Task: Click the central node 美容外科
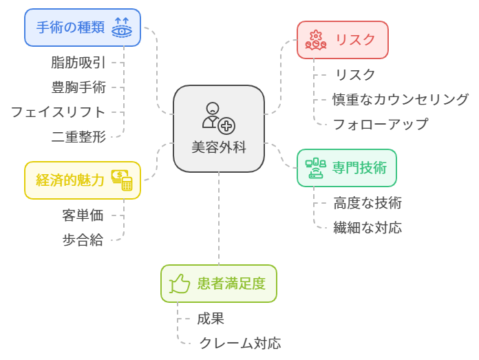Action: tap(219, 129)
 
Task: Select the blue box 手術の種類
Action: tap(83, 28)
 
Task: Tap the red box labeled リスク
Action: tap(343, 40)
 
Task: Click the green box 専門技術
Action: tap(347, 167)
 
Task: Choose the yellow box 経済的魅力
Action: tap(83, 180)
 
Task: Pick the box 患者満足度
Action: tap(219, 284)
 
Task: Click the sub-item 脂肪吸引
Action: tap(78, 63)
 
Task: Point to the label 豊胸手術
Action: tap(78, 87)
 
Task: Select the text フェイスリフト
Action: tap(58, 112)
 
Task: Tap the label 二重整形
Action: tap(78, 136)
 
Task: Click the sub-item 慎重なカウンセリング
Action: tap(401, 100)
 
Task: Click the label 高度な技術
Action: tap(368, 203)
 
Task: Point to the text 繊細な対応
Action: tap(368, 228)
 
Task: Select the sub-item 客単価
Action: tap(83, 215)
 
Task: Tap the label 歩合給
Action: tap(83, 240)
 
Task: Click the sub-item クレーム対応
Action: tap(239, 343)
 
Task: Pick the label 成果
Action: tap(211, 319)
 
